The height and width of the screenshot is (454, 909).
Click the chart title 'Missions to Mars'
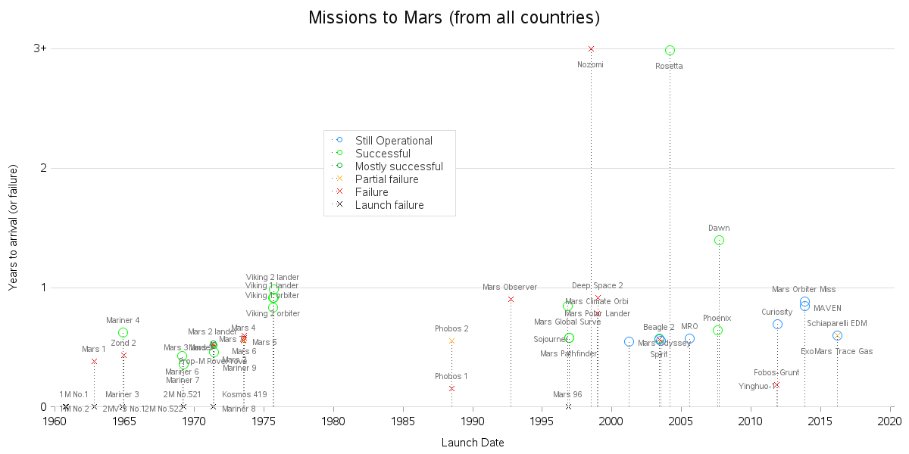[x=454, y=17]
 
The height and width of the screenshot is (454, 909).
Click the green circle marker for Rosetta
[x=670, y=51]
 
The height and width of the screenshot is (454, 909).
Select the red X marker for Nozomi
[x=591, y=48]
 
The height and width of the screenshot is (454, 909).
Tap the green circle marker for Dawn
[x=719, y=240]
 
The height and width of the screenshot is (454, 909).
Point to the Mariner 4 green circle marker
[x=123, y=332]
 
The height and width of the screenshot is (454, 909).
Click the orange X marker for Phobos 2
[x=451, y=341]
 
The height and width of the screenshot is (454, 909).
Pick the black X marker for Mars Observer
[x=511, y=299]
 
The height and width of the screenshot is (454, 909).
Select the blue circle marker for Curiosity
[x=777, y=324]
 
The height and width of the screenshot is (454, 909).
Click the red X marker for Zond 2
[x=123, y=355]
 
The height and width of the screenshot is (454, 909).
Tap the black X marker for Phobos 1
[x=451, y=388]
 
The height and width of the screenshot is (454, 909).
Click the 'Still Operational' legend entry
[x=393, y=141]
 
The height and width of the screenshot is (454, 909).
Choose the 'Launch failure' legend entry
[x=389, y=205]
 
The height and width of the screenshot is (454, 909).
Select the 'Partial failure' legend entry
[x=386, y=179]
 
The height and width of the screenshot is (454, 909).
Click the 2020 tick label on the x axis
[x=891, y=421]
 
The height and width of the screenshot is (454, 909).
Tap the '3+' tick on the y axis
[x=39, y=48]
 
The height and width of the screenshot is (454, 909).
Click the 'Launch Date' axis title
[x=473, y=443]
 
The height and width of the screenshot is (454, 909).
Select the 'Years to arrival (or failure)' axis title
[x=13, y=227]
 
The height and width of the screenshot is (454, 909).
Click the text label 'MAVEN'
[x=827, y=308]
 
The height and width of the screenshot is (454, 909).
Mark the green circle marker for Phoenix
[x=717, y=331]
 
